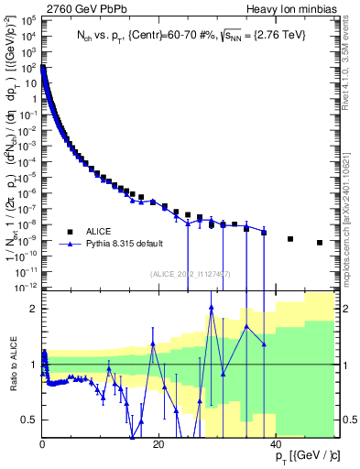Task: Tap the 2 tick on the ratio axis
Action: coord(34,309)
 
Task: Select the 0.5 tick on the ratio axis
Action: coord(30,420)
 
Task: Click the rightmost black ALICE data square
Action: coord(320,243)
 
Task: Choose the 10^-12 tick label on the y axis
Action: coord(27,287)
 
